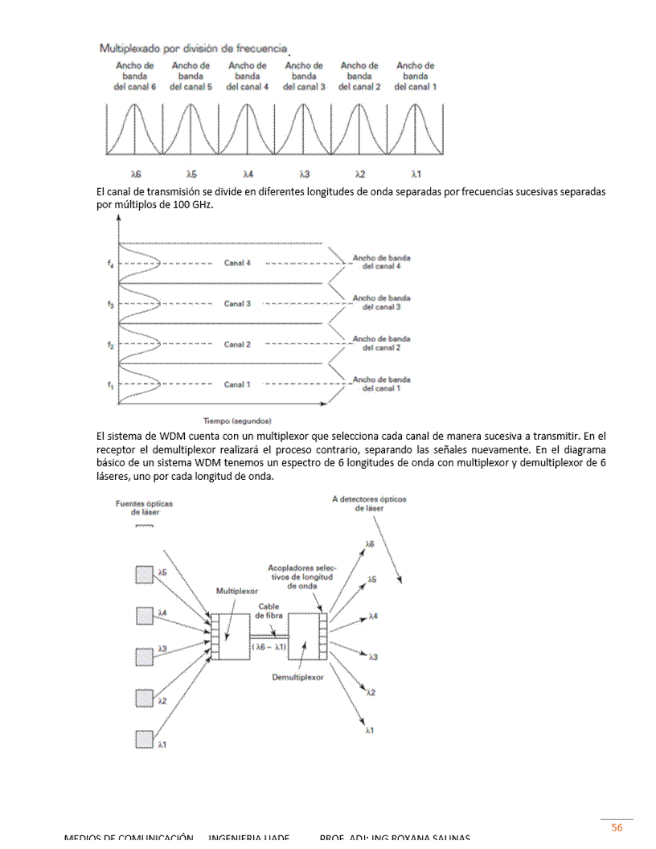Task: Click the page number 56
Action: [617, 827]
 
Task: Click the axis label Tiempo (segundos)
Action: [237, 420]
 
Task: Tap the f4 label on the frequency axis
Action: [109, 262]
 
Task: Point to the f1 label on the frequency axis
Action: [109, 385]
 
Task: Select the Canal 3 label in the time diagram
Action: [237, 304]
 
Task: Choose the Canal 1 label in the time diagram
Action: [237, 384]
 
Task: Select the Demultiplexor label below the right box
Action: [297, 677]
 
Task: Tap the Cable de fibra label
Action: [269, 610]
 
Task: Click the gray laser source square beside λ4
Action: [144, 614]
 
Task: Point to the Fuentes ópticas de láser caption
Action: [144, 507]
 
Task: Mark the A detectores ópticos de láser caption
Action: [369, 503]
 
